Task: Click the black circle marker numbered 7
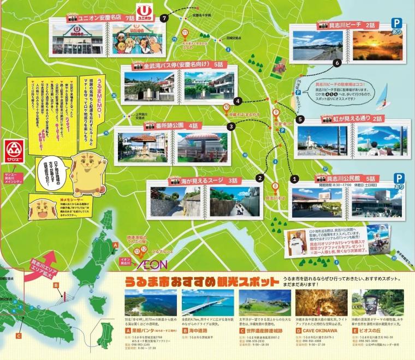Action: (x=163, y=18)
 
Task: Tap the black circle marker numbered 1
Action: (x=294, y=178)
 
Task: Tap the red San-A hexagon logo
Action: (x=12, y=150)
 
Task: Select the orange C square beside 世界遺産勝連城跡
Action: (x=242, y=331)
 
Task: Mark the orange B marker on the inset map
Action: (x=56, y=285)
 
